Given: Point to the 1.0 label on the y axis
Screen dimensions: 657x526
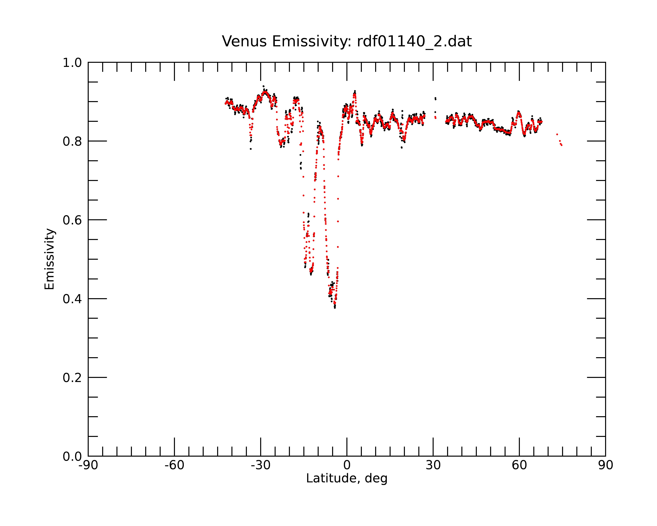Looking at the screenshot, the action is (x=72, y=63).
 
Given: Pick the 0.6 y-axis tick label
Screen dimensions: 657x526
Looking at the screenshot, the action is (x=72, y=220).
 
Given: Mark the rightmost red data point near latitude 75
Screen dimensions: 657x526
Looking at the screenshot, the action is (x=561, y=145).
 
